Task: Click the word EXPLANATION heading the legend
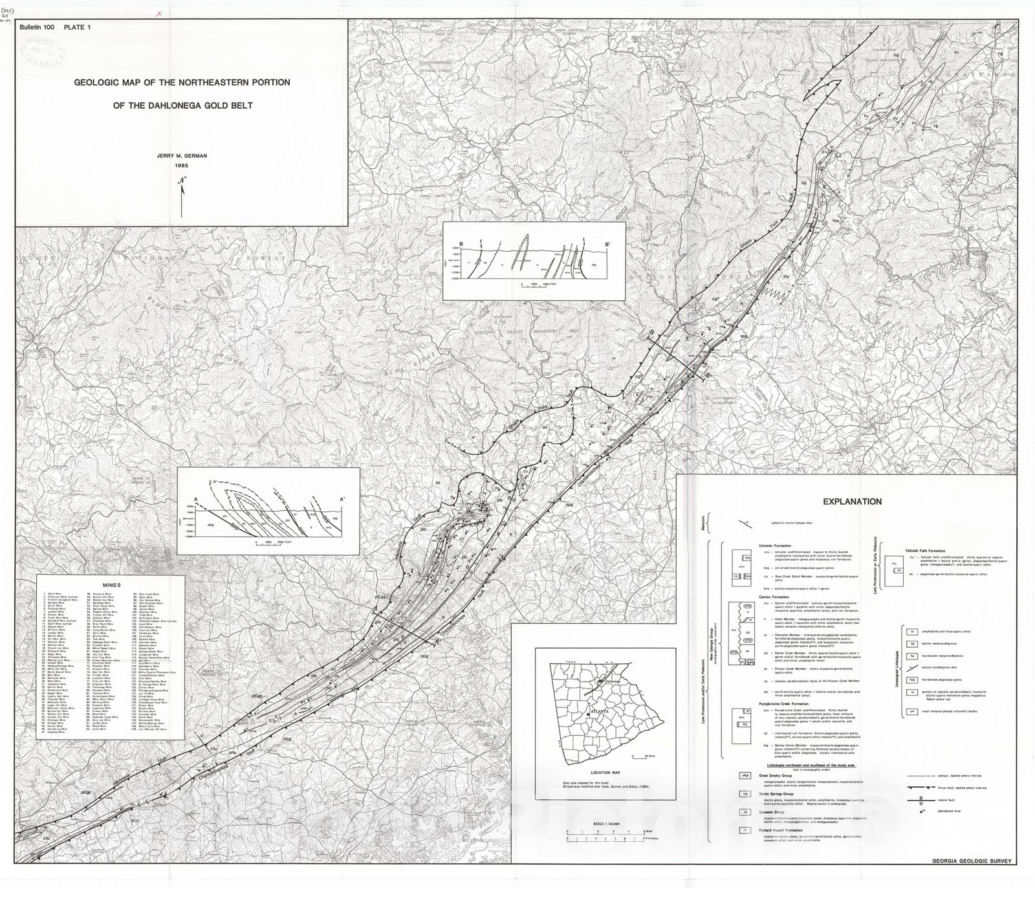point(852,502)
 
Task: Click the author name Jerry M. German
point(181,156)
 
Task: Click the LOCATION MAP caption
point(605,773)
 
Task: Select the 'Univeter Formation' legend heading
point(776,546)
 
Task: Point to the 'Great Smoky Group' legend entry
point(777,774)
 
